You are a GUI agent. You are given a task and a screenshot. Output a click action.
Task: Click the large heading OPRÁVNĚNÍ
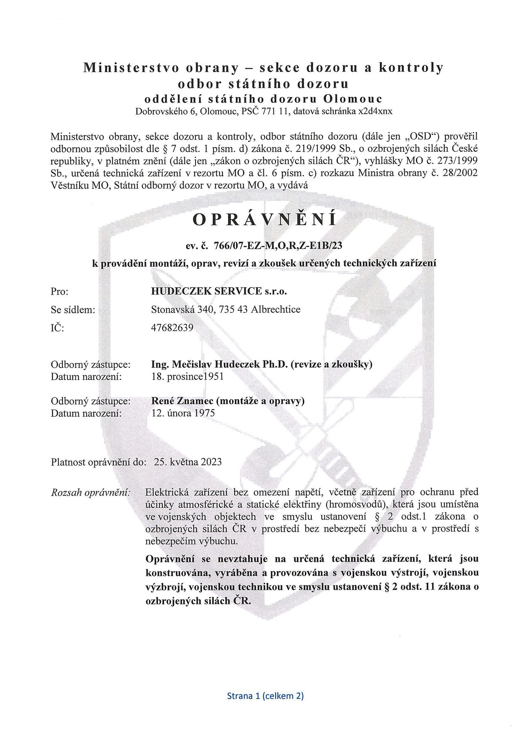pos(264,220)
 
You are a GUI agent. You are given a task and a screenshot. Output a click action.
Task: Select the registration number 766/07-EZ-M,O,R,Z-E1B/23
pos(278,245)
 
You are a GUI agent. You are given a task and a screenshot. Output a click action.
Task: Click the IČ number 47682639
pos(172,328)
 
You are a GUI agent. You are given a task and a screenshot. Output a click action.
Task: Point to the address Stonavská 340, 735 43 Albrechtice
pos(226,310)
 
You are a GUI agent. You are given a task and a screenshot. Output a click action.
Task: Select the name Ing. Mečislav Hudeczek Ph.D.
pos(219,364)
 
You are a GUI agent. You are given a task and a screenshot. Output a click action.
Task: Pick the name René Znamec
pos(182,401)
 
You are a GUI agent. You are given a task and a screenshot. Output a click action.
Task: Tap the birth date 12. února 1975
pos(183,413)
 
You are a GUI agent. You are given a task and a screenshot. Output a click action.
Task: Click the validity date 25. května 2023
pos(188,462)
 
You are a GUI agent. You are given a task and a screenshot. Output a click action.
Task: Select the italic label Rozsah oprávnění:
pos(90,492)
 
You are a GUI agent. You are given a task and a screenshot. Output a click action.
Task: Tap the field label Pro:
pos(60,291)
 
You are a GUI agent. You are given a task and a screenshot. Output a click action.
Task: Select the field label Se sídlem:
pos(73,310)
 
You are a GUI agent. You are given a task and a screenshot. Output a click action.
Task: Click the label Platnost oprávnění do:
pos(98,462)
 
